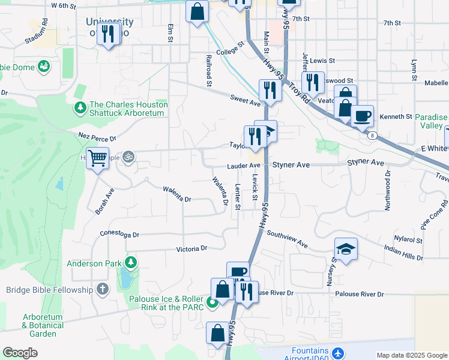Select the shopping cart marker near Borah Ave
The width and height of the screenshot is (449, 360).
click(x=97, y=159)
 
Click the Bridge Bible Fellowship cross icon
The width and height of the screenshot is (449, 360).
click(x=103, y=290)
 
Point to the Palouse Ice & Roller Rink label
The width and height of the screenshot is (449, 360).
click(x=166, y=303)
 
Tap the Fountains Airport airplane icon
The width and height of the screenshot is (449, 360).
click(x=337, y=352)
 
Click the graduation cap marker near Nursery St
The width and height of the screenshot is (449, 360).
click(x=346, y=248)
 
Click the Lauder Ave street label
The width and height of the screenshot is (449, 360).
click(x=243, y=166)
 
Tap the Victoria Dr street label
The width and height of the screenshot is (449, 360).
click(x=191, y=248)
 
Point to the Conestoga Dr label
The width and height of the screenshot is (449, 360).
click(x=119, y=235)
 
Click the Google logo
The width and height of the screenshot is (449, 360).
click(x=20, y=353)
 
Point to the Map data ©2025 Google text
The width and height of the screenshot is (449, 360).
click(x=411, y=355)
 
